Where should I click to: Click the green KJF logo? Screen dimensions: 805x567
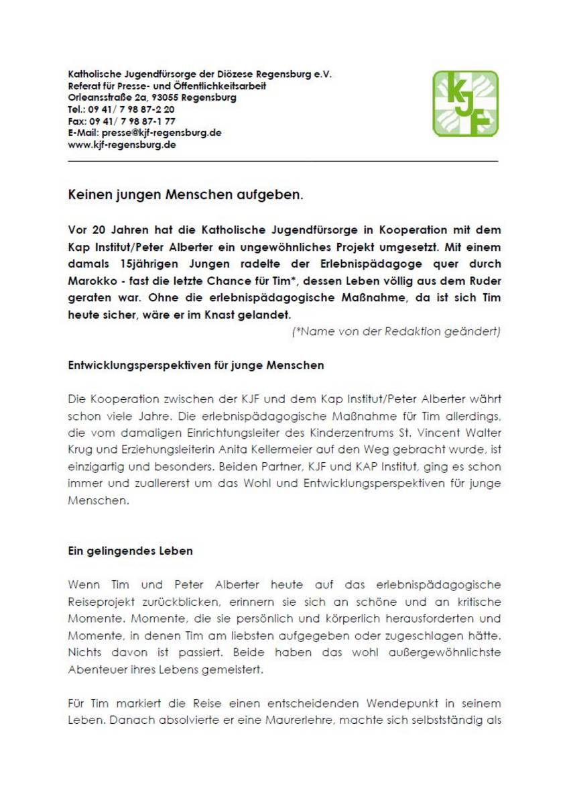pyautogui.click(x=465, y=104)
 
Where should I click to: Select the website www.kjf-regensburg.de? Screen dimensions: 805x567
pyautogui.click(x=122, y=144)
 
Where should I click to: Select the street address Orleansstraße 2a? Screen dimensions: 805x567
pyautogui.click(x=107, y=97)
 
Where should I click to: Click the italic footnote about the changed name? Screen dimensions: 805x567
pyautogui.click(x=396, y=331)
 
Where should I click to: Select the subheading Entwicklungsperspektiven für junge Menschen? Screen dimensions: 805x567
pyautogui.click(x=196, y=366)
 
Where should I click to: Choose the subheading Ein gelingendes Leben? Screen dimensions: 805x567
pyautogui.click(x=130, y=551)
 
